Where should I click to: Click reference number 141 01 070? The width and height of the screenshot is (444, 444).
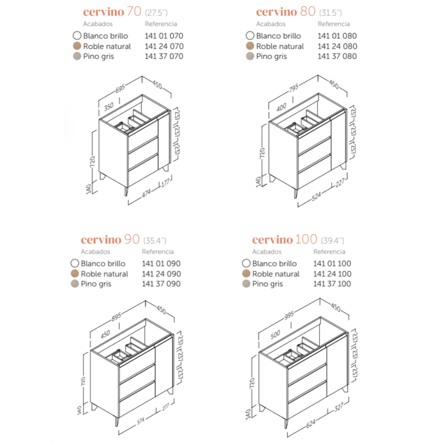(x=164, y=36)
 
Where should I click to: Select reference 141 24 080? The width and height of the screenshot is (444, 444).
(x=337, y=46)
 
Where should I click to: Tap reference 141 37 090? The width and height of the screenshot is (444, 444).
(x=161, y=284)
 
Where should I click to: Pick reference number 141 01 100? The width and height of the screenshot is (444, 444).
(x=332, y=263)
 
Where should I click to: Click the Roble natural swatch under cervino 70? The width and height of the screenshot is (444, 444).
(x=77, y=46)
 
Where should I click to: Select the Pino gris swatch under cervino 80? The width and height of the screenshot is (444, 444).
(x=250, y=56)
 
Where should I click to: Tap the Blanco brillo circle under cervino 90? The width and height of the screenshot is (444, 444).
(x=75, y=263)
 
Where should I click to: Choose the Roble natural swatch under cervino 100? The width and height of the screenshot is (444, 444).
(x=246, y=273)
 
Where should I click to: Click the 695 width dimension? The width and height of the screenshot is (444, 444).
(x=120, y=88)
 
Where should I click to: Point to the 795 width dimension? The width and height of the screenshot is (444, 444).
(x=293, y=88)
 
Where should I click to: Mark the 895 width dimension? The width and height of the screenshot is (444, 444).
(x=116, y=317)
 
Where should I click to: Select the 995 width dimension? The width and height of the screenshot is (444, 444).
(x=289, y=316)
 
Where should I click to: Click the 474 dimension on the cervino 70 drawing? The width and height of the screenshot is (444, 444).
(x=146, y=193)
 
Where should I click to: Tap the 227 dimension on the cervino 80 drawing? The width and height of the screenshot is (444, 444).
(x=340, y=183)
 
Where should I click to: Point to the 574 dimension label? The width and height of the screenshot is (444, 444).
(x=141, y=421)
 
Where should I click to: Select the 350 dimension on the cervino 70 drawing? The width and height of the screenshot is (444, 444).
(x=109, y=107)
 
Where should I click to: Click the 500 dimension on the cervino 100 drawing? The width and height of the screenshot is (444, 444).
(x=275, y=334)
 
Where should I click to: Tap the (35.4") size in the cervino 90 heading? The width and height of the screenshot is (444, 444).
(x=155, y=241)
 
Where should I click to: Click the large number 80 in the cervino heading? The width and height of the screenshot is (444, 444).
(x=308, y=11)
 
